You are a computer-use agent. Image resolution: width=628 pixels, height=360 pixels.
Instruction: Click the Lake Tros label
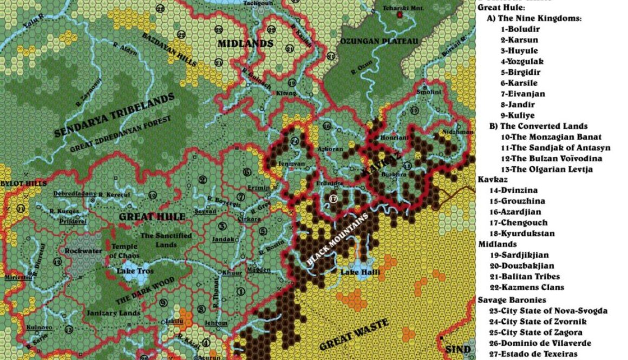135,271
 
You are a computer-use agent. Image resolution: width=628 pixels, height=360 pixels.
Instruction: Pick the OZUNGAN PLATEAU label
379,42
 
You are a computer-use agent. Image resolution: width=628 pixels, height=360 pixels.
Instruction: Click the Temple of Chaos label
125,251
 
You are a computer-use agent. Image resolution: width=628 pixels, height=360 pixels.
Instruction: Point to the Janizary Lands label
113,313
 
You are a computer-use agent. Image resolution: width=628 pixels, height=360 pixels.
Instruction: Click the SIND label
457,349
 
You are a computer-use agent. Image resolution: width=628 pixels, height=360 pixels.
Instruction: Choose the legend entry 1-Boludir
519,29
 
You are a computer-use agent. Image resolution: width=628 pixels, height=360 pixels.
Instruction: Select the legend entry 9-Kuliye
517,115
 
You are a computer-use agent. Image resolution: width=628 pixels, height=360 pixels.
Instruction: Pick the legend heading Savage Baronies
504,300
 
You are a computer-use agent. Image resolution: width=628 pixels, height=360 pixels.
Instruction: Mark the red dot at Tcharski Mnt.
400,15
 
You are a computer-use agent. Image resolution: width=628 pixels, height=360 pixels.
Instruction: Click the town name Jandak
223,239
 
